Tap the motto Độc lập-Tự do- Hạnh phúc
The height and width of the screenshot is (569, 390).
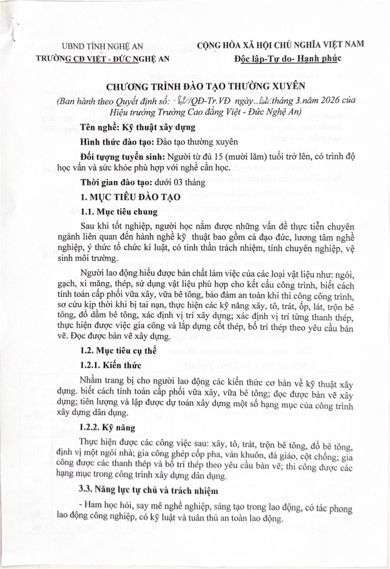click(288, 59)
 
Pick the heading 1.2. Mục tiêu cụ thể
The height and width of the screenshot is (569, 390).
click(119, 351)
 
